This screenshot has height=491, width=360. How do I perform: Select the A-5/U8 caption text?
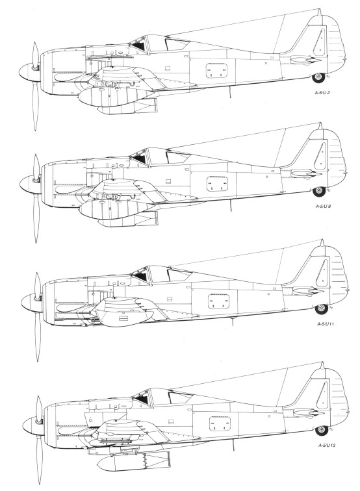click(323, 207)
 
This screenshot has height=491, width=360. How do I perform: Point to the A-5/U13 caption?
click(327, 445)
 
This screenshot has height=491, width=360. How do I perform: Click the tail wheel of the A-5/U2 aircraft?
click(318, 78)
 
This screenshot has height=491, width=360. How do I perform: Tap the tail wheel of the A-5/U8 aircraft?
click(319, 192)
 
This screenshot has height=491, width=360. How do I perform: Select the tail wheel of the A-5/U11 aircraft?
click(321, 308)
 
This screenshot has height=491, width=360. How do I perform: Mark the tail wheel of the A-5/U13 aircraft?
click(322, 430)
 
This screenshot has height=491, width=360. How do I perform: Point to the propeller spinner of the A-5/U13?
click(33, 426)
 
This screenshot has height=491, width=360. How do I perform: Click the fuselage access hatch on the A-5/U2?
click(216, 70)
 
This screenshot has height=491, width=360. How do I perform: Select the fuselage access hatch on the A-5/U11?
click(219, 301)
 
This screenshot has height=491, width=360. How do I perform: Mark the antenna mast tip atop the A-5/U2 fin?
click(320, 9)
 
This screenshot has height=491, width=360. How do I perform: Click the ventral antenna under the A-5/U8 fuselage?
click(231, 205)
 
